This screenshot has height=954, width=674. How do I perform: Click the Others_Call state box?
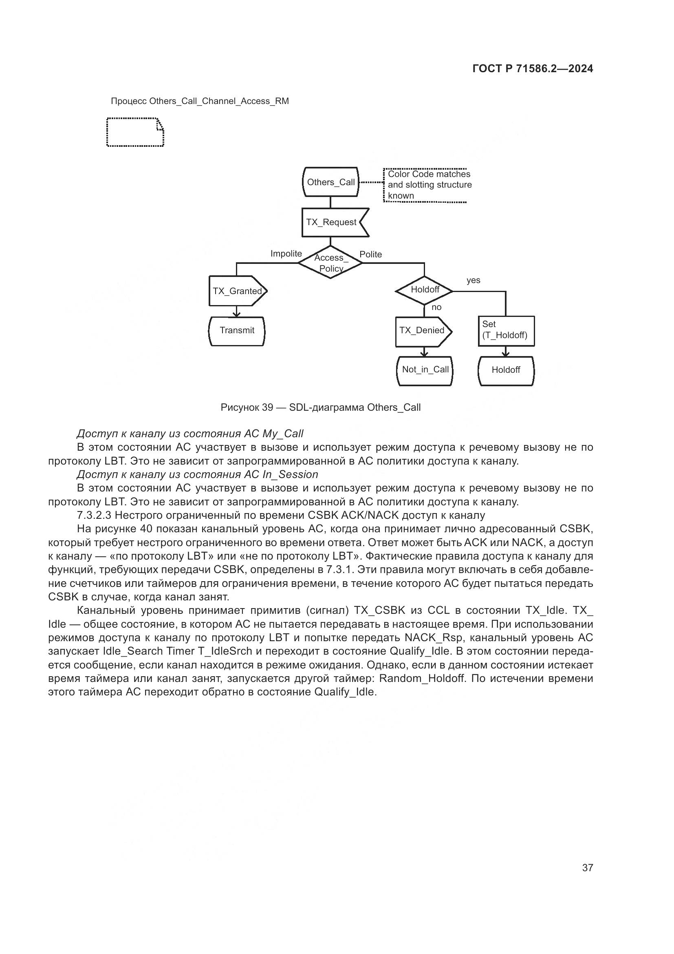click(330, 182)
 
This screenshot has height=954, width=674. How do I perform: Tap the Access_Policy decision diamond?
click(330, 263)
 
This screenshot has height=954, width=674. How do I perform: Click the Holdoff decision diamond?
click(424, 290)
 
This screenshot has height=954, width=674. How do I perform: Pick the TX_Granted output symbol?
click(237, 291)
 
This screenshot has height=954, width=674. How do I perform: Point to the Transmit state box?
click(237, 331)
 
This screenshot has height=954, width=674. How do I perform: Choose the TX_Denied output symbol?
click(423, 331)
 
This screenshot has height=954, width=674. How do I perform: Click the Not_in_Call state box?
click(425, 370)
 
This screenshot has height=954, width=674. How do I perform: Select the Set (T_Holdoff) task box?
click(506, 331)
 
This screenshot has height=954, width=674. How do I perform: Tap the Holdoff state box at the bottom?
click(506, 370)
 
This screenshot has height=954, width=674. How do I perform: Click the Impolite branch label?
click(286, 254)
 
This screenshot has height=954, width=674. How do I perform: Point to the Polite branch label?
click(370, 254)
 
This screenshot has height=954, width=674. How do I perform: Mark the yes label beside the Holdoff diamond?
click(473, 281)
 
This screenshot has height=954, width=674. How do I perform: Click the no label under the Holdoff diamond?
click(436, 308)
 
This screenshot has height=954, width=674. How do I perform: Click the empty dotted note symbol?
click(135, 132)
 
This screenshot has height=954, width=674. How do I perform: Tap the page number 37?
click(587, 868)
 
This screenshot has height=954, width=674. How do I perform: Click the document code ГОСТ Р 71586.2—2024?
click(533, 69)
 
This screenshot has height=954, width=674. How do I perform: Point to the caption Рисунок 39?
click(247, 407)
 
